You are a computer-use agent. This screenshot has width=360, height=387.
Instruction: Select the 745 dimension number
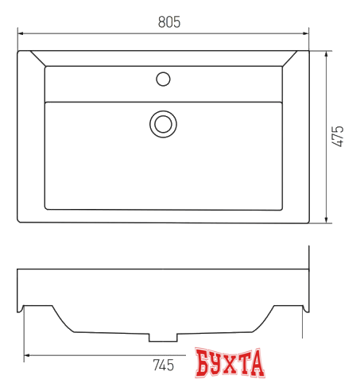[x=163, y=366]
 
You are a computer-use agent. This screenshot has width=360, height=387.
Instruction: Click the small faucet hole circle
[x=163, y=79]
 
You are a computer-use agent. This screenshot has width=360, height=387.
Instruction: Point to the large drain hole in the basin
[x=163, y=122]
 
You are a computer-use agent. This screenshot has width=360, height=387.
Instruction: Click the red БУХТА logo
[x=229, y=366]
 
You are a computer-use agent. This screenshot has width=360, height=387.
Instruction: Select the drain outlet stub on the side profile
[x=163, y=337]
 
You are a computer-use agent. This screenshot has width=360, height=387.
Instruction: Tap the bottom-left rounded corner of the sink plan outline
[x=21, y=219]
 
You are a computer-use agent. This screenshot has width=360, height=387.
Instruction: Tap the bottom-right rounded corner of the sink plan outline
[x=307, y=220]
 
